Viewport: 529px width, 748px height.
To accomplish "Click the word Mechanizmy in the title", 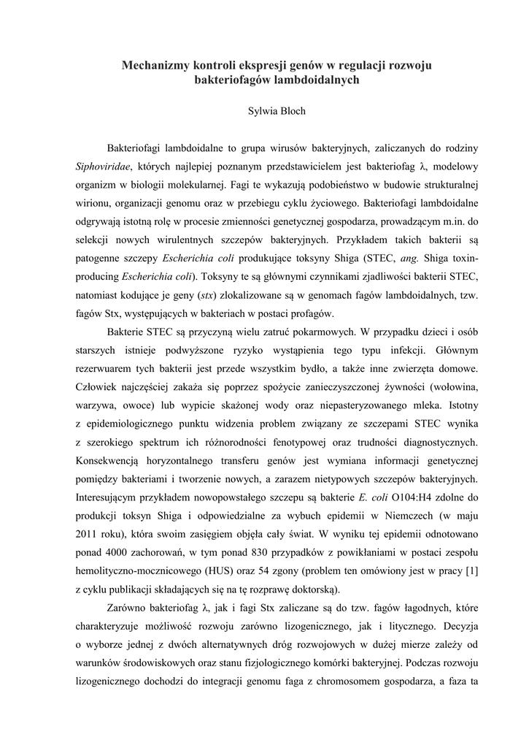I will pyautogui.click(x=155, y=66).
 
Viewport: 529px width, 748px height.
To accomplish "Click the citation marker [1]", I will pyautogui.click(x=471, y=571).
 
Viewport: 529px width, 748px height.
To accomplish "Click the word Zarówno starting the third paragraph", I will pyautogui.click(x=129, y=608).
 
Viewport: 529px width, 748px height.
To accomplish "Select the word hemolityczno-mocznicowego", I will pyautogui.click(x=136, y=571).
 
